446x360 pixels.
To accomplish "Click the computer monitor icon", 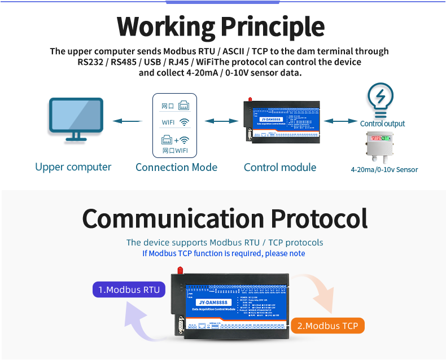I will [76, 118].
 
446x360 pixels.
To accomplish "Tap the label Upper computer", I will [73, 167].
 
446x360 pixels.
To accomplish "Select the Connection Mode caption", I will [176, 167].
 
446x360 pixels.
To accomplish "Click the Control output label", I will [382, 124].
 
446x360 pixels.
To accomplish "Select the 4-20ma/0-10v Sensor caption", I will [384, 169].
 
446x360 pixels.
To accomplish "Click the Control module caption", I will [280, 167].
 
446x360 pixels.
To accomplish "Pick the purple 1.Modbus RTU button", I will [129, 290].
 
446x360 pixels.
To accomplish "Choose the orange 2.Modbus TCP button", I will [327, 326].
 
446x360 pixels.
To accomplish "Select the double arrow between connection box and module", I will [221, 121].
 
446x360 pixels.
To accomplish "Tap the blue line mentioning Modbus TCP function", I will [224, 253].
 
